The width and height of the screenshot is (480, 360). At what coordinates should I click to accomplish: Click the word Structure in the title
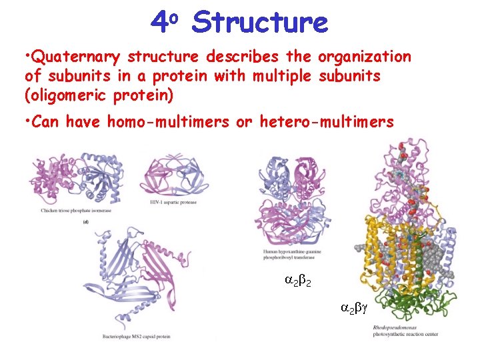tap(259, 23)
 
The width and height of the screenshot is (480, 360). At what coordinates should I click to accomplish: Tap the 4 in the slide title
tap(159, 23)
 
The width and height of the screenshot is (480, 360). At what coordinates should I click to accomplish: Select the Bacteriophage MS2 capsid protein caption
tap(137, 336)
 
